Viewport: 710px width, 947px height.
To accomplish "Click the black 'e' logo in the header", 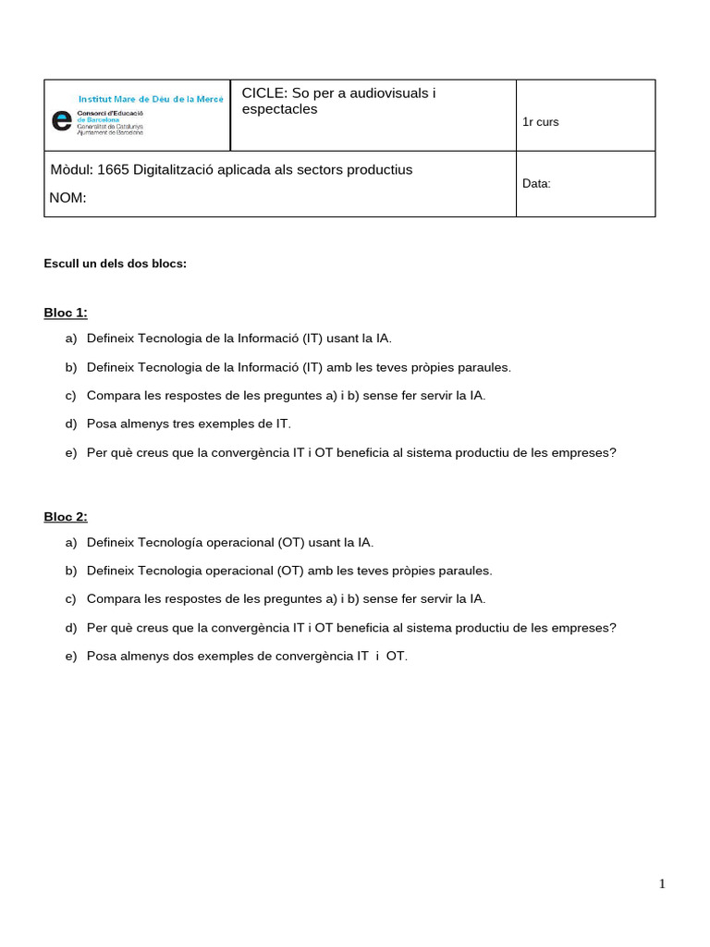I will click(x=62, y=120).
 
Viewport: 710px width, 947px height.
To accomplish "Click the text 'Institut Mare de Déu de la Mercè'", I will click(x=151, y=98).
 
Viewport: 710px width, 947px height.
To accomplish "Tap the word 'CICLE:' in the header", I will click(x=264, y=92).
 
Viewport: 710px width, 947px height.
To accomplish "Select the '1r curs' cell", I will click(x=540, y=122).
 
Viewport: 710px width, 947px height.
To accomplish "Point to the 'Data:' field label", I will click(x=536, y=184).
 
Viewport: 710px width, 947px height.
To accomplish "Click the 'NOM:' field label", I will click(x=67, y=197).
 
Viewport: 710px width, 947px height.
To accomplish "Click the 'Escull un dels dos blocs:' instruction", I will click(x=116, y=264).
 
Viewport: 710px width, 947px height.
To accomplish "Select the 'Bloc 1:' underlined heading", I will click(x=66, y=313).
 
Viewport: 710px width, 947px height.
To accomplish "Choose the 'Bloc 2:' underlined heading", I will click(x=66, y=516).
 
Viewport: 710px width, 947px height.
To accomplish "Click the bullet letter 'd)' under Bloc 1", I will click(x=71, y=424).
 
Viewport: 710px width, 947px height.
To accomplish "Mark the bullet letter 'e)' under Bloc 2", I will click(x=71, y=656).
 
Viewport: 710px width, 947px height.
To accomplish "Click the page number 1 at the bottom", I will click(x=662, y=883).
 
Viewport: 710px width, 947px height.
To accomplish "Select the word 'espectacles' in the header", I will click(x=279, y=109).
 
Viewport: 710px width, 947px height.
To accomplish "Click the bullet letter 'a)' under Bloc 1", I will click(x=71, y=338).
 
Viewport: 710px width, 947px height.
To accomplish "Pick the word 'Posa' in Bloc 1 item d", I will click(x=102, y=424).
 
